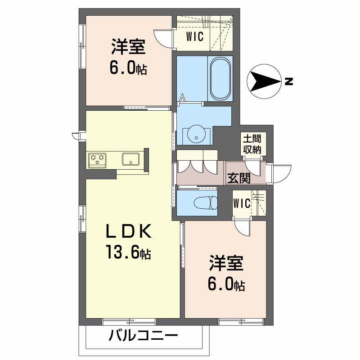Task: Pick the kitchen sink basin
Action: (x=130, y=159)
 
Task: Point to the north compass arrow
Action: (x=264, y=81)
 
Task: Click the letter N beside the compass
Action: (x=288, y=82)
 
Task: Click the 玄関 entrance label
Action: (x=238, y=178)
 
